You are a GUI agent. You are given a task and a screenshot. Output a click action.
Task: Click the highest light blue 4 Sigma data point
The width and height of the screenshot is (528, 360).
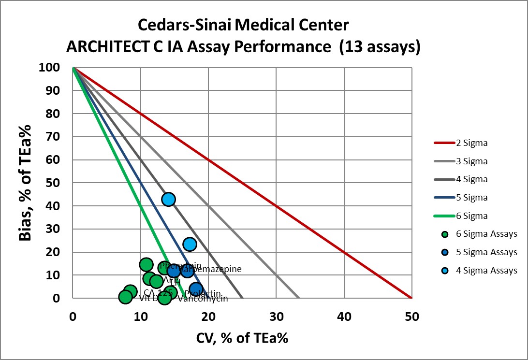[x=168, y=199]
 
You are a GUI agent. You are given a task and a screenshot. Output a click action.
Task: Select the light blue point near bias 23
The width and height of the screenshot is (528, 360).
[x=190, y=244]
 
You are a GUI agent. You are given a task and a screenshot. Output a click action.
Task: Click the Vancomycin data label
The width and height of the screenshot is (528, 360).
[x=203, y=299]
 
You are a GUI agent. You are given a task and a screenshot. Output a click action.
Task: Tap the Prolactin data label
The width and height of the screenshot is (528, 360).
[x=203, y=293]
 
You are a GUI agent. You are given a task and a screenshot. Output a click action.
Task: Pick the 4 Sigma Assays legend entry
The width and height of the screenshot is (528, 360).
[x=486, y=270]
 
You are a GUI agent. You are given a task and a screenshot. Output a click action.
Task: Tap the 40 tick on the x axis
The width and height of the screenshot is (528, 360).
[x=344, y=317]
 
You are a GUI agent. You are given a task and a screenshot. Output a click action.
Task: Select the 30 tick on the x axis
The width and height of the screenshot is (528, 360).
[x=276, y=317]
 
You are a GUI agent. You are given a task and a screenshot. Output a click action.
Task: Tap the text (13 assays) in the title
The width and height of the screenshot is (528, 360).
[x=380, y=47]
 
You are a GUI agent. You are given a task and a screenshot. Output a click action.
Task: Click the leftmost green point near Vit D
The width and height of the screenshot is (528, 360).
[x=126, y=297]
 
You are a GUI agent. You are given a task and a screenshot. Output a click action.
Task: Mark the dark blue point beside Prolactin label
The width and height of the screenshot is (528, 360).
[x=195, y=289]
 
